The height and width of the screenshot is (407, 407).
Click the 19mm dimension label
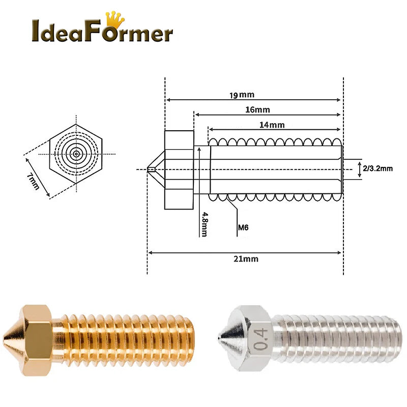click(x=241, y=95)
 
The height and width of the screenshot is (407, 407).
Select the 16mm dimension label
click(x=257, y=109)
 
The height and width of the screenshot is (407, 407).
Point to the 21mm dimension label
click(x=246, y=258)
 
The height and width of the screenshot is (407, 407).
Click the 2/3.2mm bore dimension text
click(x=378, y=168)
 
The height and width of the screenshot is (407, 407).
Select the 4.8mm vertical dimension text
click(x=204, y=223)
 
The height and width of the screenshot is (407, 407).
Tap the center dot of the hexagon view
click(x=76, y=153)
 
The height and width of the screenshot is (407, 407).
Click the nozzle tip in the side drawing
click(x=151, y=169)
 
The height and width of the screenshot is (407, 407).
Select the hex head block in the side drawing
click(x=179, y=169)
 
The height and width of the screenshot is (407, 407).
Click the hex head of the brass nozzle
click(x=39, y=339)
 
